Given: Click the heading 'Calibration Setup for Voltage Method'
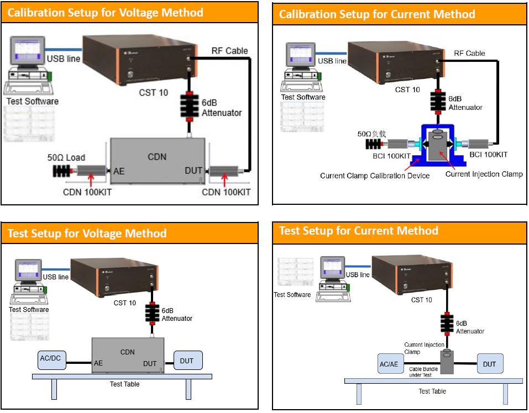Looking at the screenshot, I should tap(105, 12).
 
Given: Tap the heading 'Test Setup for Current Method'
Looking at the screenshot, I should tap(359, 231).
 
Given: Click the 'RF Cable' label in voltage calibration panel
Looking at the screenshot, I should tap(230, 51).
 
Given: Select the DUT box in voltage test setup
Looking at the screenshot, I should tap(187, 361).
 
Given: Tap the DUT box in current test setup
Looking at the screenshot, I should tap(489, 364).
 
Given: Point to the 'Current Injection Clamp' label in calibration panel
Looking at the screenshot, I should tap(484, 174).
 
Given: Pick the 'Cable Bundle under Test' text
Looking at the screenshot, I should tap(424, 372).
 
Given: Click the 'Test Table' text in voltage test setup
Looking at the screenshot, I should tap(124, 384).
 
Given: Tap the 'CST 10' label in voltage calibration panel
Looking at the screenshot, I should tap(153, 93).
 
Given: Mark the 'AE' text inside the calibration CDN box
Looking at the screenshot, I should tap(119, 171).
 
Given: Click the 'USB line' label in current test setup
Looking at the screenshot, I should tap(357, 274).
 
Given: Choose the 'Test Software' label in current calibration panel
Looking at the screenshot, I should tap(303, 97).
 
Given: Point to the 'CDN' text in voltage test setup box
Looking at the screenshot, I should tap(127, 352).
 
